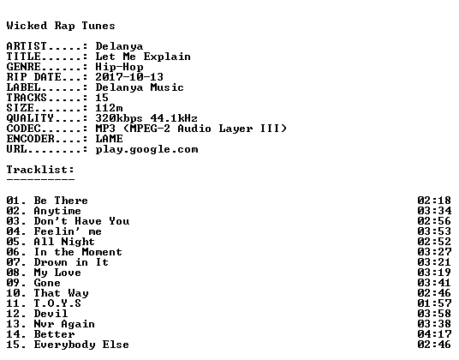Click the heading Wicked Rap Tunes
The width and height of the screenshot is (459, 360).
[x=61, y=26]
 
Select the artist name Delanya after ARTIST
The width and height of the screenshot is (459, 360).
[x=119, y=46]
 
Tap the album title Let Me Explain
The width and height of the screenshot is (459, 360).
[x=143, y=57]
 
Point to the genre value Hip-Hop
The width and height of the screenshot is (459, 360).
[x=119, y=67]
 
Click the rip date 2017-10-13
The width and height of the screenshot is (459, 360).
[x=129, y=77]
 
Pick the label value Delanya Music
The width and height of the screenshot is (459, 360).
[x=140, y=87]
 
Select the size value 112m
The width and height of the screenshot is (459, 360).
[x=109, y=108]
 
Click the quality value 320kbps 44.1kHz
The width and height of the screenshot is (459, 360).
[x=146, y=118]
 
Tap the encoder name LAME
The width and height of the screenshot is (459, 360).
[x=109, y=139]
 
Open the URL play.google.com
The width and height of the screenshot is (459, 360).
[x=146, y=149]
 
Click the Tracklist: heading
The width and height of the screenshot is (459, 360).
[x=40, y=170]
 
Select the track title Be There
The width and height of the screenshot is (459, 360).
[x=61, y=201]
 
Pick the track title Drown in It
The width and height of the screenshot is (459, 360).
[x=71, y=262]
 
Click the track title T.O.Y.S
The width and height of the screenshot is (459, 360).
[x=57, y=303]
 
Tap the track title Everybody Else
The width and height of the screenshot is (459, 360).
[x=81, y=345]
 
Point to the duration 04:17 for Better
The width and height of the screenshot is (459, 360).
[x=434, y=334]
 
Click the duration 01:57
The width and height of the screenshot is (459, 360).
[x=434, y=303]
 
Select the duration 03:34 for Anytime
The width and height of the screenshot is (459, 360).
[x=434, y=211]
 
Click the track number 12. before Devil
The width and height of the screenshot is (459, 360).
[x=16, y=314]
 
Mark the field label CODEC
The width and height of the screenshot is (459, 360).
[x=23, y=129]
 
